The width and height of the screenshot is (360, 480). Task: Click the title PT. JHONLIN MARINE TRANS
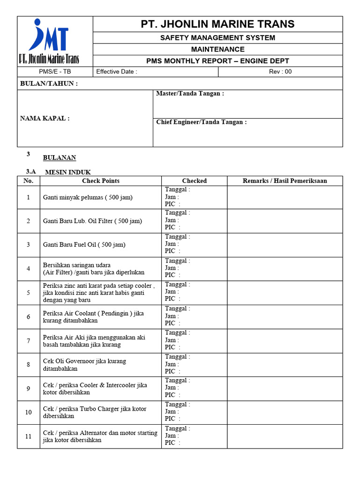pos(217,24)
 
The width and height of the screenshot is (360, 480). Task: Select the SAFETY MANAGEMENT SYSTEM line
pos(217,37)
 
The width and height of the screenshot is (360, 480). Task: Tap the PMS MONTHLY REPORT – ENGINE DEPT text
pos(217,61)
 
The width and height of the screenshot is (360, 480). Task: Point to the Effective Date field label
pos(117,72)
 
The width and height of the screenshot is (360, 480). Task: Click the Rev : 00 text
pos(280,72)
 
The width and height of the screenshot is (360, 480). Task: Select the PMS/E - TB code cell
pos(55,72)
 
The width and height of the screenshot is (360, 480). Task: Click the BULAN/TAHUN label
pos(49,83)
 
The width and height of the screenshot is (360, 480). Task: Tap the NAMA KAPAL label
pos(45,118)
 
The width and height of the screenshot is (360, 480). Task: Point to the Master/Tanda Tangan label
pos(190,94)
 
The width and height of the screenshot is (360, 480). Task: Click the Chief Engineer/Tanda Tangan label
pos(201,122)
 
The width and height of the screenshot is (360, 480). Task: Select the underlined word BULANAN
pos(60,158)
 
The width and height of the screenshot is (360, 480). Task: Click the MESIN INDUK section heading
pos(67,172)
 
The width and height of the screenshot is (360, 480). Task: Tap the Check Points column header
pos(100,180)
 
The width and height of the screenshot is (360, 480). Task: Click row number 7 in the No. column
pos(28,341)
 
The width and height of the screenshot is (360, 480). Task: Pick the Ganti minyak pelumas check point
pos(88,197)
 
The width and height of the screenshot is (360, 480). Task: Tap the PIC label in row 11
pos(170,442)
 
